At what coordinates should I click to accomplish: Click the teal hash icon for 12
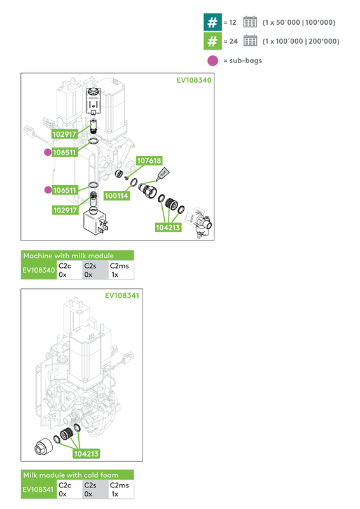[x=212, y=22]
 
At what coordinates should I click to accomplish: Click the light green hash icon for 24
[x=212, y=41]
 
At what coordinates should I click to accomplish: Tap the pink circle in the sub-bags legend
[x=212, y=60]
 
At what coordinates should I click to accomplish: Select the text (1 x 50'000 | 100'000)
[x=298, y=22]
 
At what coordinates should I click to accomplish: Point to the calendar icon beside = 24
[x=250, y=41]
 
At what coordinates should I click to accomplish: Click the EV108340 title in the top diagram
[x=194, y=81]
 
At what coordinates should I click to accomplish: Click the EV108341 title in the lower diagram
[x=123, y=295]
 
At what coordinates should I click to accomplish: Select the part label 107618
[x=149, y=161]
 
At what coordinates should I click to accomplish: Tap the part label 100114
[x=116, y=196]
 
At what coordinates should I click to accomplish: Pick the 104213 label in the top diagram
[x=167, y=227]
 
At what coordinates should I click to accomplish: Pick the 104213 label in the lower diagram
[x=86, y=454]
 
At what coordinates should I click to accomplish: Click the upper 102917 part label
[x=65, y=134]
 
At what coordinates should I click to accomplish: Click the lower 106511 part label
[x=65, y=190]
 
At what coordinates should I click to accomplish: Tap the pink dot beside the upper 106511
[x=47, y=153]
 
